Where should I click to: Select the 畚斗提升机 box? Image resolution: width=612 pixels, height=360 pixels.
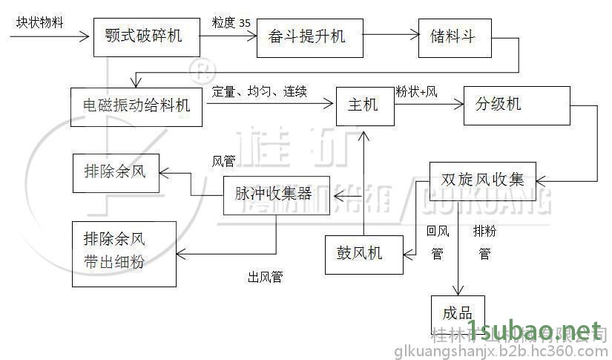pyautogui.click(x=310, y=36)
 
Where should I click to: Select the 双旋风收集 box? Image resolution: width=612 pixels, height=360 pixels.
pyautogui.click(x=482, y=180)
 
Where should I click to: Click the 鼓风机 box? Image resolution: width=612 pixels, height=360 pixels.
pyautogui.click(x=363, y=252)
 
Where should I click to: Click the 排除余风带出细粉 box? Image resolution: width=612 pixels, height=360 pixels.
pyautogui.click(x=124, y=254)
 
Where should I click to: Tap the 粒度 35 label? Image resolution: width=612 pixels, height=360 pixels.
pyautogui.click(x=231, y=23)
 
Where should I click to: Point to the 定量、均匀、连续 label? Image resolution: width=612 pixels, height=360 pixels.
pyautogui.click(x=260, y=92)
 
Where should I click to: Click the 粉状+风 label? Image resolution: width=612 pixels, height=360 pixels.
pyautogui.click(x=416, y=92)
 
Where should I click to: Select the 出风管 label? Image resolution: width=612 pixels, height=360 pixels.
pyautogui.click(x=265, y=278)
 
